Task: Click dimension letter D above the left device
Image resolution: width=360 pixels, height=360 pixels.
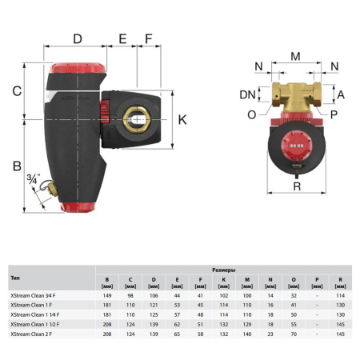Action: [x=78, y=39]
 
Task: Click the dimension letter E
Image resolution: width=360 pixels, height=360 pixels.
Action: [x=123, y=39]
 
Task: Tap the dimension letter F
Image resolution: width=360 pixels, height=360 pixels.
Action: [x=149, y=39]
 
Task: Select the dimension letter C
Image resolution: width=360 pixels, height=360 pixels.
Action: [x=16, y=91]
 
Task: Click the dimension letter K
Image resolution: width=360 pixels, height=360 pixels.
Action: [x=182, y=120]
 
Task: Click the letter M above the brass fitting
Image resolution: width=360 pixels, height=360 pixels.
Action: [x=295, y=56]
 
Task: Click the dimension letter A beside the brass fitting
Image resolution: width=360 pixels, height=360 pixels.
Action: [x=340, y=94]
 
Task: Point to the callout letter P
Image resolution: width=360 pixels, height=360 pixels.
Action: [x=334, y=114]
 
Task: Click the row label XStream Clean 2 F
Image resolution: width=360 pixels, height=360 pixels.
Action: [x=30, y=334]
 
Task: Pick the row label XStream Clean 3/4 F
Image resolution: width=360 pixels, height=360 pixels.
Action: [x=31, y=296]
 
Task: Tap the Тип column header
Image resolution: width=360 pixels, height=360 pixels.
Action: [x=15, y=278]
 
